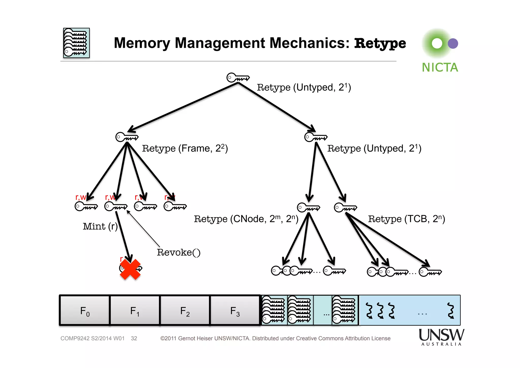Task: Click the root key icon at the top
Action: [x=238, y=78]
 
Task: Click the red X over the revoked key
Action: [x=130, y=269]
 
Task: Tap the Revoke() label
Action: [x=178, y=252]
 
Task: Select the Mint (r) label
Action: [x=100, y=226]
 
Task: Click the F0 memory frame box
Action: [x=85, y=311]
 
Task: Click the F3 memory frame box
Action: [x=235, y=311]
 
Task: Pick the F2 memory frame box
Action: [x=185, y=311]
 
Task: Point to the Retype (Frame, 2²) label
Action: [x=185, y=148]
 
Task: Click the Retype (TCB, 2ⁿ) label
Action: [x=407, y=219]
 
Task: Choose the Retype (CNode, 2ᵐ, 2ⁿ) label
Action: [x=246, y=219]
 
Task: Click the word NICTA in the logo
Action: [x=440, y=68]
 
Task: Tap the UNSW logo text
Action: [x=441, y=335]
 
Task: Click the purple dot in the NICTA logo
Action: [x=453, y=43]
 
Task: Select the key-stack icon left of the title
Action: [x=76, y=43]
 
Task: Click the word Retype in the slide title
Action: [x=380, y=43]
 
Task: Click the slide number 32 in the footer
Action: [x=134, y=338]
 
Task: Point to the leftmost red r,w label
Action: [x=80, y=197]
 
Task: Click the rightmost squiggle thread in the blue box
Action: [x=450, y=310]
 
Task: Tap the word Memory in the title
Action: [x=142, y=43]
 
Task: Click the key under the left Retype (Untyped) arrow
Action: [x=127, y=137]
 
